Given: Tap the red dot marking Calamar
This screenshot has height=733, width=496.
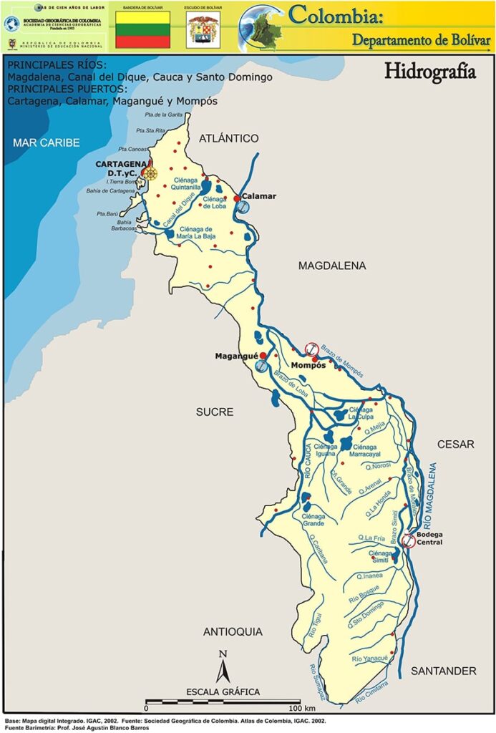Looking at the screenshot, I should (x=237, y=198).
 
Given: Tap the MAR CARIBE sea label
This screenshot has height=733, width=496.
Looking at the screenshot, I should (x=46, y=142).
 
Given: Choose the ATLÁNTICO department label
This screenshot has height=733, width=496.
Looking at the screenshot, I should (x=228, y=137).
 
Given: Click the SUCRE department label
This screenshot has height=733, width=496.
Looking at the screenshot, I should (x=215, y=412).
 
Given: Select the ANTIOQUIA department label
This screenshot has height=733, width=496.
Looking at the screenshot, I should (x=233, y=631).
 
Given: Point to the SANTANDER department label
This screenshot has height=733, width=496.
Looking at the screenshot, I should (x=443, y=671).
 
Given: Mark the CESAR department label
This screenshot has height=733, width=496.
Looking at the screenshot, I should (x=456, y=445).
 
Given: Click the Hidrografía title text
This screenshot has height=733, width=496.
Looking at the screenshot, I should (x=429, y=72).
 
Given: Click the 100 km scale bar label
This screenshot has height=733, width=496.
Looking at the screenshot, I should (x=298, y=708).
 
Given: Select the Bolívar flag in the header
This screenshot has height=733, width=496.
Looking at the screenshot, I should (x=143, y=29).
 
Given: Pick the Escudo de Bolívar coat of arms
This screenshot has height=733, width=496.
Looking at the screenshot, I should (x=203, y=30).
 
